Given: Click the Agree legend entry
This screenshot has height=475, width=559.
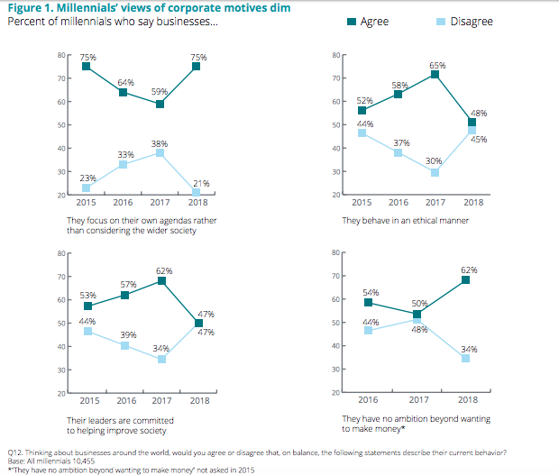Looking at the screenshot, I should [x=372, y=21].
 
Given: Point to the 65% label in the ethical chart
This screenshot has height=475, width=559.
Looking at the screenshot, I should [x=437, y=65].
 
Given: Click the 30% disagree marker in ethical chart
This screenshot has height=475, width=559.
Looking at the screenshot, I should [x=436, y=172].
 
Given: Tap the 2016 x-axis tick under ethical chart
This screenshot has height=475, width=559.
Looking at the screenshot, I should [x=398, y=202].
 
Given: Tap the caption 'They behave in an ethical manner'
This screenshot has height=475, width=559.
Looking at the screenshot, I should [x=389, y=220].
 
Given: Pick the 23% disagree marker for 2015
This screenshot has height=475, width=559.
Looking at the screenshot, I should [x=87, y=187].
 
